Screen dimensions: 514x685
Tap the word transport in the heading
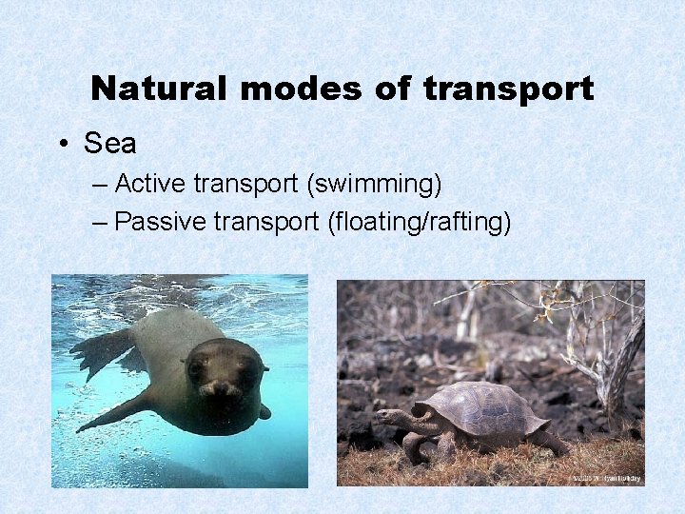coord(508,89)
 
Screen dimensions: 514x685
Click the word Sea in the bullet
coord(110,144)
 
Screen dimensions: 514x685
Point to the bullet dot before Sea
coord(62,145)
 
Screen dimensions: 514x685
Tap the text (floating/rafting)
coord(419,222)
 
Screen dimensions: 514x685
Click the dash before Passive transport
coord(102,223)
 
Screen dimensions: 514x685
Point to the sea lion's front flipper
coord(114,412)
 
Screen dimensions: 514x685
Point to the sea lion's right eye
coord(196,366)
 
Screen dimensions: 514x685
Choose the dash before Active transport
coord(102,182)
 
